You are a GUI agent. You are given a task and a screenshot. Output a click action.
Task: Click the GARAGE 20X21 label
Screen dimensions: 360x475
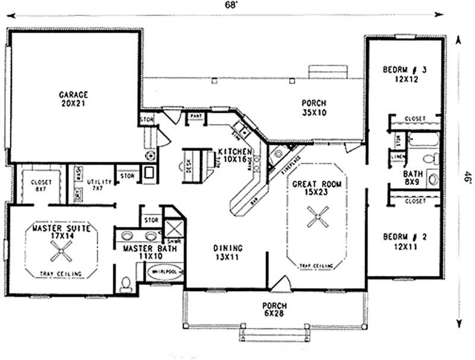coord(74,98)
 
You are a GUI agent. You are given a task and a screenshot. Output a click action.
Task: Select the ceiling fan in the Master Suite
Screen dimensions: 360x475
coord(61,254)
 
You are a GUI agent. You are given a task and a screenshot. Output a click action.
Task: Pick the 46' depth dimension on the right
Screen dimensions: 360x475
coord(466,178)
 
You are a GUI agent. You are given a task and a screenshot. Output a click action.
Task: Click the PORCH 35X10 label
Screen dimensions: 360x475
coord(313,107)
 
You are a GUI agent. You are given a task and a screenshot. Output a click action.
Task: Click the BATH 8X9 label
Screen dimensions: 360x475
coord(413,178)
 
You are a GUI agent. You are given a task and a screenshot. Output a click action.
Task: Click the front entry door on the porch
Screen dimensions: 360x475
coord(279,286)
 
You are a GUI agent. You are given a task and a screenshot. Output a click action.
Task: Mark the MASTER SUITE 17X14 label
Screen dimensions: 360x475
coord(59,232)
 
